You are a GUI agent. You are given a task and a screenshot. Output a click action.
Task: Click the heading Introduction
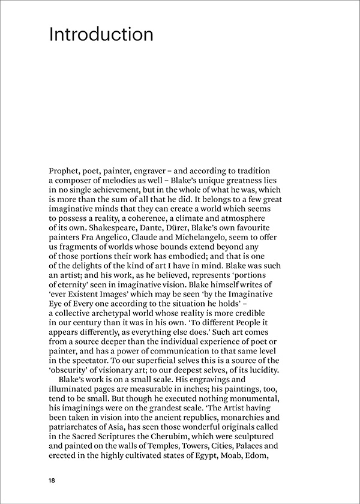101,34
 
